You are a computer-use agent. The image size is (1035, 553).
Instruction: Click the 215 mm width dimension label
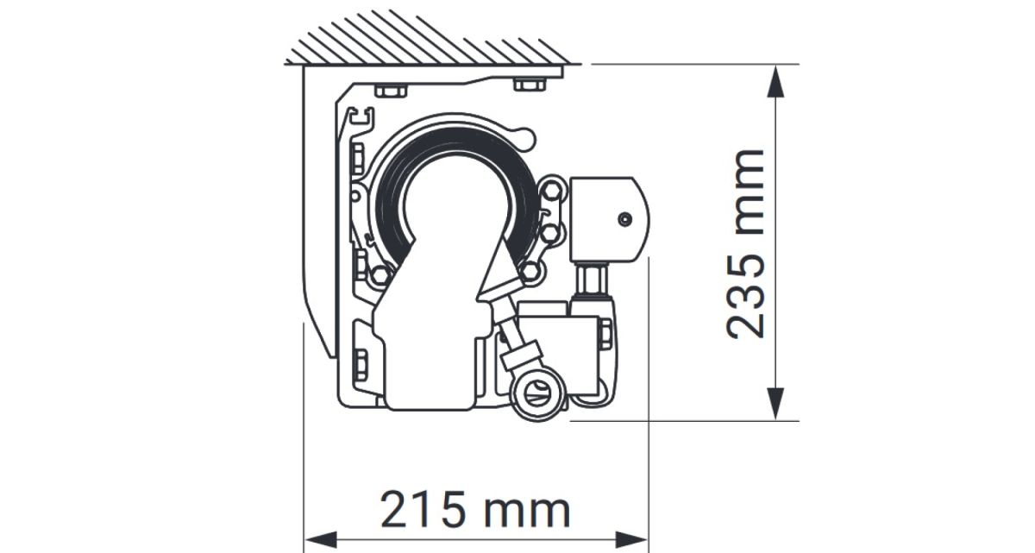pyautogui.click(x=475, y=511)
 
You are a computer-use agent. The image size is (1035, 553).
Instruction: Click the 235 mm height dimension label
pyautogui.click(x=745, y=244)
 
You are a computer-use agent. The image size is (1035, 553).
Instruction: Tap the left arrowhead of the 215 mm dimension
pyautogui.click(x=321, y=539)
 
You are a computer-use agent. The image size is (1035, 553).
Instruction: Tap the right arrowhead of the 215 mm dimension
pyautogui.click(x=631, y=539)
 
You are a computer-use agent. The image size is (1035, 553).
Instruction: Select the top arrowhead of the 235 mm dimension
pyautogui.click(x=775, y=81)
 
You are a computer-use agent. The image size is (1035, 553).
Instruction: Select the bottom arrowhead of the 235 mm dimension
pyautogui.click(x=775, y=404)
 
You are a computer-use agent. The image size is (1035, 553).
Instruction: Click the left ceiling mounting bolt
pyautogui.click(x=391, y=91)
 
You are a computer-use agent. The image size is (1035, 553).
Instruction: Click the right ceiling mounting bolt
pyautogui.click(x=530, y=85)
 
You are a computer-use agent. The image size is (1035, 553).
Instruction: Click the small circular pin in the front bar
pyautogui.click(x=624, y=219)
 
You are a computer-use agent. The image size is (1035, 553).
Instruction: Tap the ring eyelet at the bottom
pyautogui.click(x=539, y=393)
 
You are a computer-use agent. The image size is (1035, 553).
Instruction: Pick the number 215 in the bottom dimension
pyautogui.click(x=423, y=511)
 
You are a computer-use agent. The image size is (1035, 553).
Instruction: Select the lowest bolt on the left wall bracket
pyautogui.click(x=360, y=365)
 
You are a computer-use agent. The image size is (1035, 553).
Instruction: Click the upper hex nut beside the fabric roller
pyautogui.click(x=551, y=191)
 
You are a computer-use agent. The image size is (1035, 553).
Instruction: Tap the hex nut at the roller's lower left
pyautogui.click(x=380, y=276)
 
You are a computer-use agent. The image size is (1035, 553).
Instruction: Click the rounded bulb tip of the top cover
pyautogui.click(x=526, y=138)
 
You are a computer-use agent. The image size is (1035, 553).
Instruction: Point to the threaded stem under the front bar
pyautogui.click(x=592, y=280)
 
